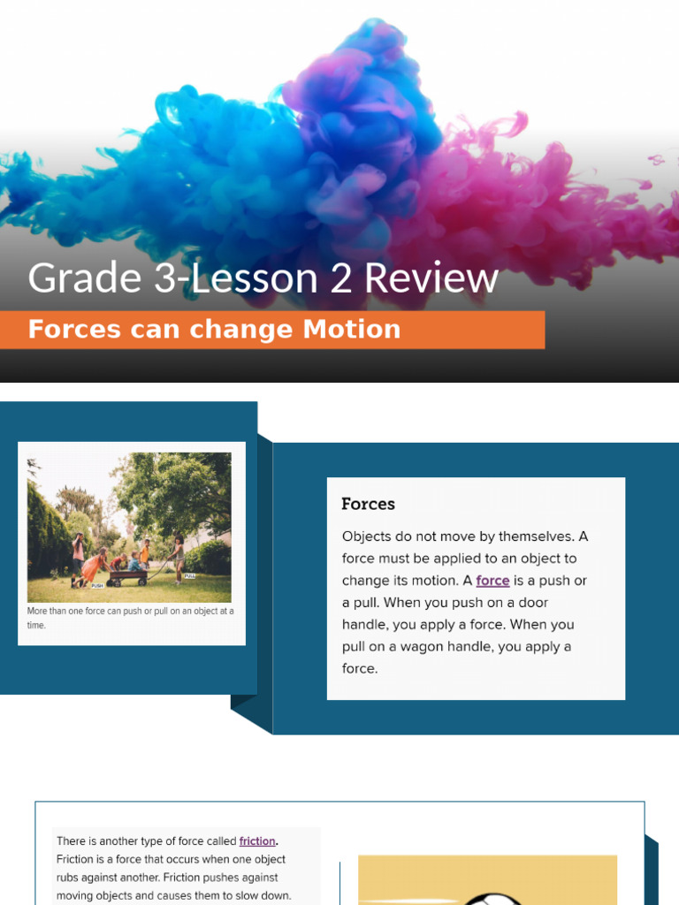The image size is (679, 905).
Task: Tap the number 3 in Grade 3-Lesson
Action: tap(164, 278)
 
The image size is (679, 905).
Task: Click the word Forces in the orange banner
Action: tap(73, 330)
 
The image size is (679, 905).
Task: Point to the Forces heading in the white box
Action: tap(368, 504)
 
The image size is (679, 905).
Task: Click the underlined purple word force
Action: tap(492, 581)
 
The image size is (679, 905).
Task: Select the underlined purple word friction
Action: tap(257, 841)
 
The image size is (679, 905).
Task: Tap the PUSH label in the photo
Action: tap(97, 586)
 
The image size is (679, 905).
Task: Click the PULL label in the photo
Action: tap(190, 575)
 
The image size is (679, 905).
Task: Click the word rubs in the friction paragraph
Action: tap(70, 878)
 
